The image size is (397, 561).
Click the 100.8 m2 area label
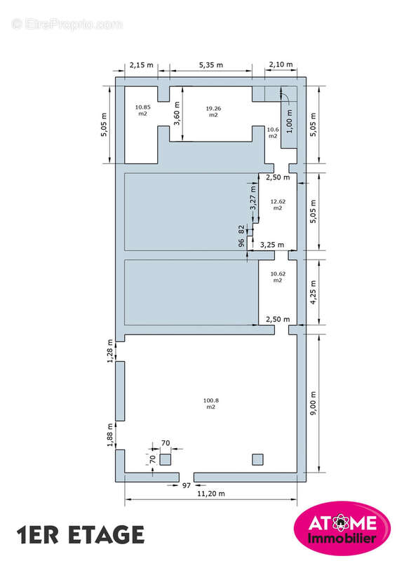(x=211, y=404)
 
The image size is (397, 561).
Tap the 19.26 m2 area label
(x=213, y=111)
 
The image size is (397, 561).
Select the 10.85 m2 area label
(x=143, y=110)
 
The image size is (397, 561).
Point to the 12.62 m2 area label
(x=278, y=205)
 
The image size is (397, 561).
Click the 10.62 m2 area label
(x=278, y=277)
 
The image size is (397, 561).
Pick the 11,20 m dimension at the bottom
(x=211, y=494)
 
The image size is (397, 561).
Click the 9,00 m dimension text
(x=314, y=403)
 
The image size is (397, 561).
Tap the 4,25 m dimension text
(x=314, y=292)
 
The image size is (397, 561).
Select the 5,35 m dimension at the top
(x=211, y=65)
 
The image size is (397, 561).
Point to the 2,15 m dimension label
(x=142, y=65)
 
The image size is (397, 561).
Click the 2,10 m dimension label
(x=281, y=65)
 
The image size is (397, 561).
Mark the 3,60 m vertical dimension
(x=177, y=114)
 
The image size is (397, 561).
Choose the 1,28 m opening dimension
(x=110, y=351)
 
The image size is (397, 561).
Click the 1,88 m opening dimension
(x=110, y=435)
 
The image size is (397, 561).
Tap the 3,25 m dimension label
(x=272, y=245)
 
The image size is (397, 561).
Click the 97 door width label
(x=186, y=485)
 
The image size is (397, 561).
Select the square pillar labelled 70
(x=165, y=459)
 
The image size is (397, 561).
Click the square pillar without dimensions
(x=257, y=459)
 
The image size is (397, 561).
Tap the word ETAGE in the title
(x=107, y=535)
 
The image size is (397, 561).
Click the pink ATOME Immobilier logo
(x=342, y=528)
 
